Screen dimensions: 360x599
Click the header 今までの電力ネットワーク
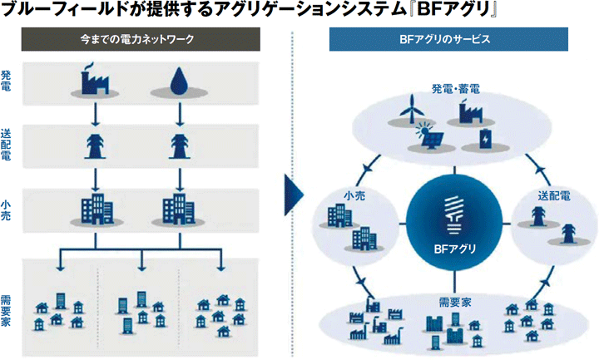pos(146,39)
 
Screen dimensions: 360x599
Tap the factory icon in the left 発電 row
pos(97,79)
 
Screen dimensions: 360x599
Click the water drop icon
pos(178,81)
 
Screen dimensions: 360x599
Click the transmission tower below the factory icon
pos(97,144)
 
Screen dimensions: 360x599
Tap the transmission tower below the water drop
pos(178,144)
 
